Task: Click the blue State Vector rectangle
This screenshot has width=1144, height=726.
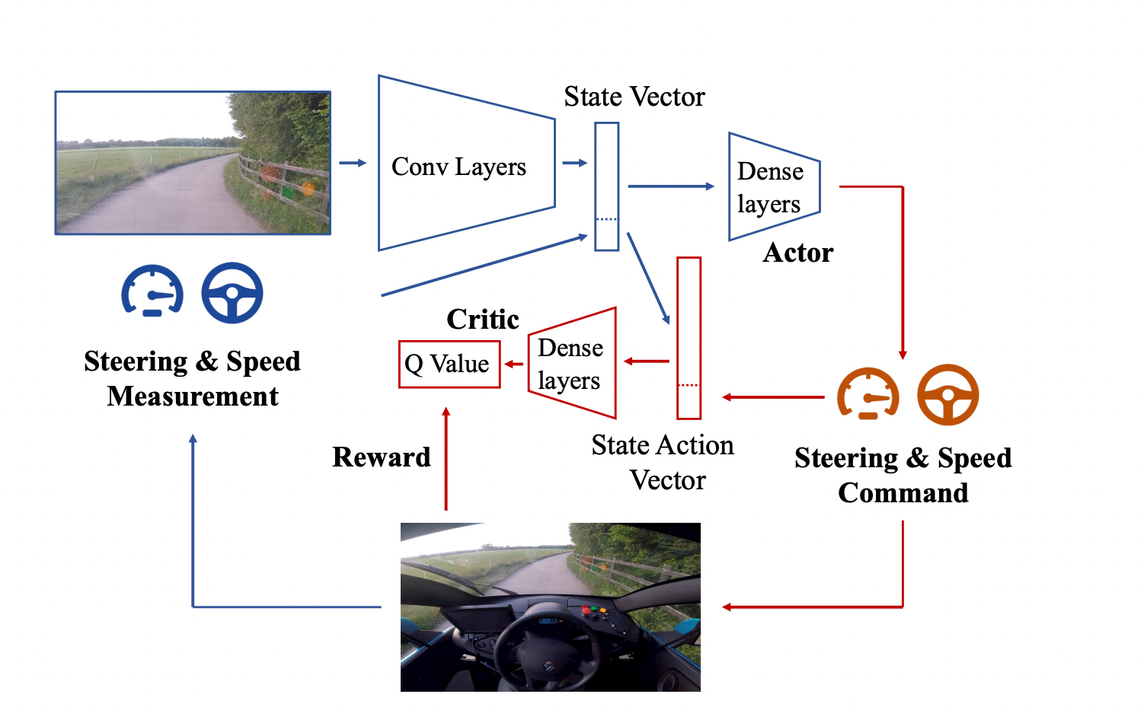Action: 606,186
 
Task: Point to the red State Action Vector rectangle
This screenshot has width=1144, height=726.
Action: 689,338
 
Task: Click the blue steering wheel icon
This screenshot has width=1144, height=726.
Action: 232,293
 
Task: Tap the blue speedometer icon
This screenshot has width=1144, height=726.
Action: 152,291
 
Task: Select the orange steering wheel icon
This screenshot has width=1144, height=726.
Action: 947,395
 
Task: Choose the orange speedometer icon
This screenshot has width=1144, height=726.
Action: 868,394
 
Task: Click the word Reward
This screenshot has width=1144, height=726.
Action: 382,457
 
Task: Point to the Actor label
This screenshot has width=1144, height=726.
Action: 798,253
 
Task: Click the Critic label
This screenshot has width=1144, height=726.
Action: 483,320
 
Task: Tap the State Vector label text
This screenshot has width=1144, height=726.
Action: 634,97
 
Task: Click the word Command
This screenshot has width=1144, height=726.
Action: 903,493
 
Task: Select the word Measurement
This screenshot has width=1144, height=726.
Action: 193,396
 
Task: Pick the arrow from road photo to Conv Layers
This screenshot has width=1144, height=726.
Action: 353,163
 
